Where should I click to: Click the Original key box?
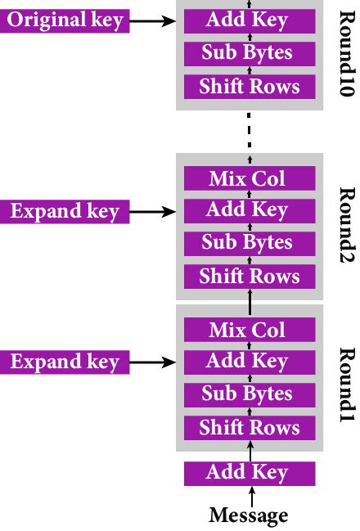[65, 20]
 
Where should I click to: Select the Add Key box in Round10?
[249, 20]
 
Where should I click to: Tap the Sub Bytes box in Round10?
[249, 53]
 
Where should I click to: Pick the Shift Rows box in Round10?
[249, 87]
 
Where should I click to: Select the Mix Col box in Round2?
[249, 178]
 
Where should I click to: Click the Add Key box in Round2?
[249, 210]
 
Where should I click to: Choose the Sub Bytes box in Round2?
[249, 243]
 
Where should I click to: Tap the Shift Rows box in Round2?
[249, 277]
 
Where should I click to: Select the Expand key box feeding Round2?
[65, 211]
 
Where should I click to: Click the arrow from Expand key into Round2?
[153, 211]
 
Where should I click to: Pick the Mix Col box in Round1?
[249, 330]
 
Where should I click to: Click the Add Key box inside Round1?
[249, 362]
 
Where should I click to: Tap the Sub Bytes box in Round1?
[249, 394]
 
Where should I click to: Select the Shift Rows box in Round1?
[249, 428]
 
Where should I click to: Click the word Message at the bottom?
[249, 515]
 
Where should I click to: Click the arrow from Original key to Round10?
[153, 20]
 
